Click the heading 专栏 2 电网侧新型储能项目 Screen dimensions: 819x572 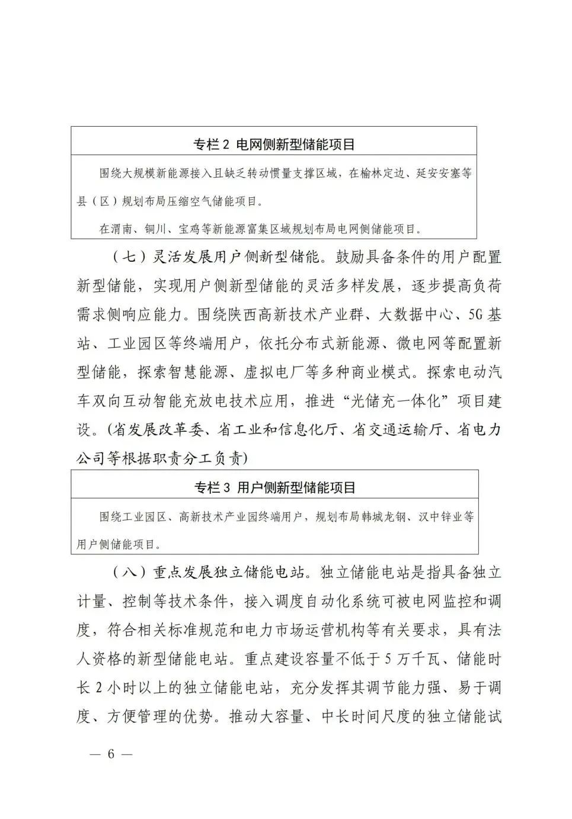tap(274, 144)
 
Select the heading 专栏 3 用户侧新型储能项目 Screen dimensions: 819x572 tap(274, 487)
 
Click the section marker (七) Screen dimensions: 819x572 tap(125, 258)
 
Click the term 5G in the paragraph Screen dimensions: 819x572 tap(477, 315)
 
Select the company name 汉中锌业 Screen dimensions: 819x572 tap(441, 517)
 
